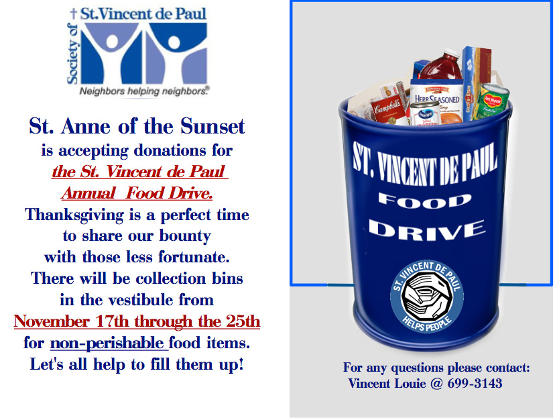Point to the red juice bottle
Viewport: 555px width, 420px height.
(x=441, y=66)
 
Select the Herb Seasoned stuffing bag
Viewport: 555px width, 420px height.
(x=437, y=101)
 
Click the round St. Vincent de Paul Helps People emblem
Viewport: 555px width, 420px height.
(x=427, y=297)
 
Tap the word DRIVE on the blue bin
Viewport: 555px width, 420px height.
(x=427, y=230)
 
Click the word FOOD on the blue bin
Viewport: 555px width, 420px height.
(x=425, y=201)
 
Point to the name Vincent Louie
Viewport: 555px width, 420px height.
(x=387, y=384)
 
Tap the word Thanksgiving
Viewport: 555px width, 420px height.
(x=74, y=215)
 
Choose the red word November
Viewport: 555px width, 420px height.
(x=52, y=321)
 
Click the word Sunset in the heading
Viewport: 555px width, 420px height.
(x=212, y=126)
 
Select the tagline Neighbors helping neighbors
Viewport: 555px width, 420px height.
(x=144, y=91)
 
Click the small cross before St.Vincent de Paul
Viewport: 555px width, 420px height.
(x=73, y=13)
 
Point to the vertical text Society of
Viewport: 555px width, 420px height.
(x=72, y=54)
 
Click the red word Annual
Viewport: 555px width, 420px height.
(x=88, y=193)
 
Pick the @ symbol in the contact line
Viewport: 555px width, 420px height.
(x=436, y=384)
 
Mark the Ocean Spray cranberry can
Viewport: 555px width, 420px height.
(x=425, y=113)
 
